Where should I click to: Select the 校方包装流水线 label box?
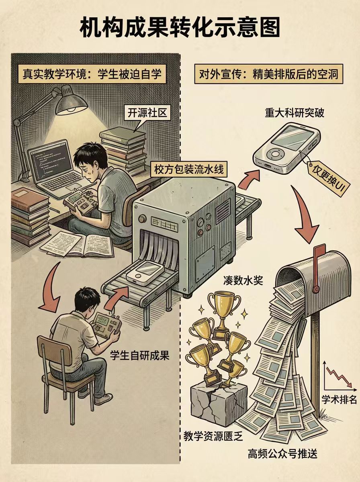tap(188, 170)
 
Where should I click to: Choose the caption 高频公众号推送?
tap(282, 454)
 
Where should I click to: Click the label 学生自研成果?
tap(140, 355)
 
